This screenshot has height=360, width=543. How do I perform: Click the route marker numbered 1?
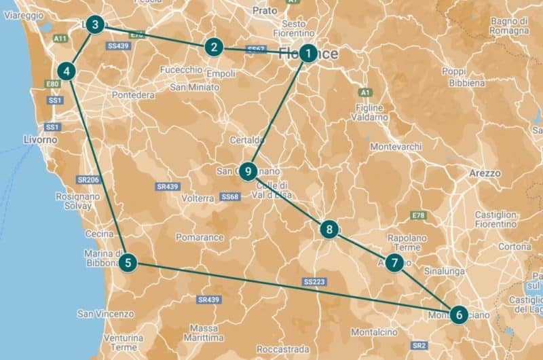click(308, 53)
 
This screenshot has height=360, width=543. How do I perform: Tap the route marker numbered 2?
click(214, 47)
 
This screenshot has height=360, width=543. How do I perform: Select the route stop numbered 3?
click(96, 26)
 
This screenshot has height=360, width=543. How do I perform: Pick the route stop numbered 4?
click(67, 71)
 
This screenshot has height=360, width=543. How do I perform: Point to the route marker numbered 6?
click(459, 314)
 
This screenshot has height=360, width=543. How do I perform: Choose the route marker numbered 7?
click(395, 263)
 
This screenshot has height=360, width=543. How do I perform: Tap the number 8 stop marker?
click(329, 230)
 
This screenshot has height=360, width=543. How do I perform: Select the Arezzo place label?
click(485, 173)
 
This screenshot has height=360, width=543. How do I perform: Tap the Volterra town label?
click(198, 199)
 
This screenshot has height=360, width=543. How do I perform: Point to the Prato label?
click(265, 11)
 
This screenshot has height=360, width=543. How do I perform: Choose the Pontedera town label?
click(133, 95)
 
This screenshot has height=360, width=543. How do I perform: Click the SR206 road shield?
click(89, 179)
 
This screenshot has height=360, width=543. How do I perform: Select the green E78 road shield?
click(418, 215)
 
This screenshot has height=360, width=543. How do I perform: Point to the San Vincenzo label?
click(105, 314)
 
